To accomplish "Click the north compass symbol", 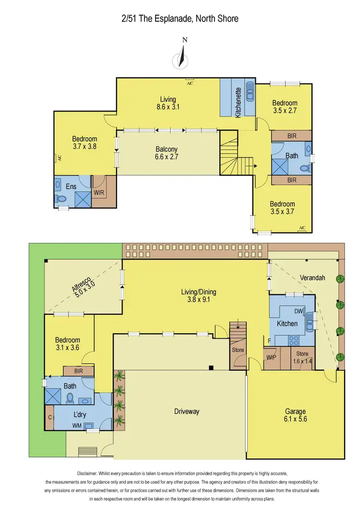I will point(180,57).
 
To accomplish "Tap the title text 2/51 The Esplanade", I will point(180,19).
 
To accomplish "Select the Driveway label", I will point(186,412).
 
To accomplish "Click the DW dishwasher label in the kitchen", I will point(298,311).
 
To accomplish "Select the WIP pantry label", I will point(271,357).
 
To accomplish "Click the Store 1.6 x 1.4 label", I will point(303,358).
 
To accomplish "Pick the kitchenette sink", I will point(250,91).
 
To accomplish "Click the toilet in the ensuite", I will point(61,198).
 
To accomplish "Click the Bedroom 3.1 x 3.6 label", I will point(68,344).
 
